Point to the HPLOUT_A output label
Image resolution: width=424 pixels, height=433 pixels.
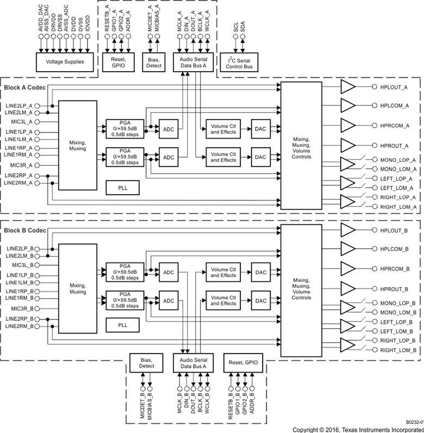[393, 87]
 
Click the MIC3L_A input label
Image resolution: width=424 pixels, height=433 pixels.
[19, 122]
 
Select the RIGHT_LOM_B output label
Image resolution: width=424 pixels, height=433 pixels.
[397, 351]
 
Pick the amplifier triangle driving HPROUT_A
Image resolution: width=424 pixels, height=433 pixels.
[348, 145]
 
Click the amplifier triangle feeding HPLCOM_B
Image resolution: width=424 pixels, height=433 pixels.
[348, 249]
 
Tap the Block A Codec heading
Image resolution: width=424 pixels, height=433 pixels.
[25, 87]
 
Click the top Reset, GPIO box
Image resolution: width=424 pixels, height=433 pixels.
[117, 62]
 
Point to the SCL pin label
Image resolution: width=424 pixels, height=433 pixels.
[235, 27]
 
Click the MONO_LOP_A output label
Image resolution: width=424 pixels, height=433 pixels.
[398, 160]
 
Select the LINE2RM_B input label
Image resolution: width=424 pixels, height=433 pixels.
[20, 326]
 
